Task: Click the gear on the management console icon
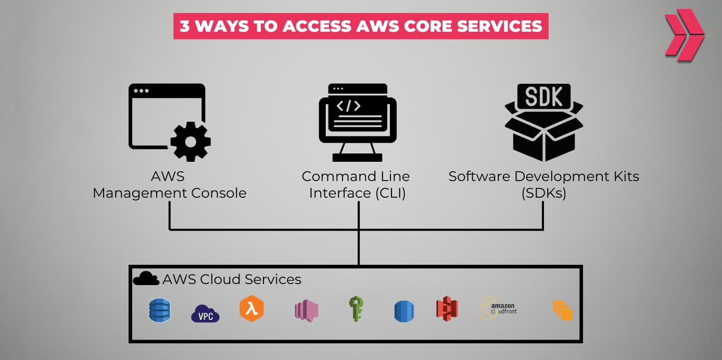191,141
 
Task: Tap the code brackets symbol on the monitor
348,106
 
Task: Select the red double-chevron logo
683,34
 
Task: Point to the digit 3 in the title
185,27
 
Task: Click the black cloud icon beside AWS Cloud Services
146,279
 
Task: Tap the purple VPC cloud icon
205,314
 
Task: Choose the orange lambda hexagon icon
251,308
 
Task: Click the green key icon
356,309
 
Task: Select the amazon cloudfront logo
497,308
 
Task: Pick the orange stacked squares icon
562,311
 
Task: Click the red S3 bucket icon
447,309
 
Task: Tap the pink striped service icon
306,311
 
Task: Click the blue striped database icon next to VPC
159,311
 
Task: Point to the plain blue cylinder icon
404,312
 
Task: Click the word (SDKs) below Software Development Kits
543,193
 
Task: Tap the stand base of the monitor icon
357,157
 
